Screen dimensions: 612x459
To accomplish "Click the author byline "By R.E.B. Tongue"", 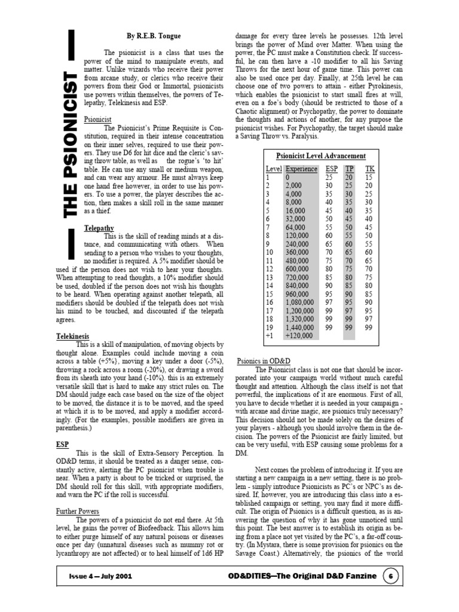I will (154, 36).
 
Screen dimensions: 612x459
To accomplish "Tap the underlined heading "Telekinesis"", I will (72, 336).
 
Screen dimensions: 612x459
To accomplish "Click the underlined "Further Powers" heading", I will (79, 512).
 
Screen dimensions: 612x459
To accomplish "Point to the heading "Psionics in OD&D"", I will (264, 362).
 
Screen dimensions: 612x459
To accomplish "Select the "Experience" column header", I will (301, 169).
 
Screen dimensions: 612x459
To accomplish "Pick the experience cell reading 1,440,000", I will (299, 328).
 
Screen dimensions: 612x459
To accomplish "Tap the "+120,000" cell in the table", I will (299, 336).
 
